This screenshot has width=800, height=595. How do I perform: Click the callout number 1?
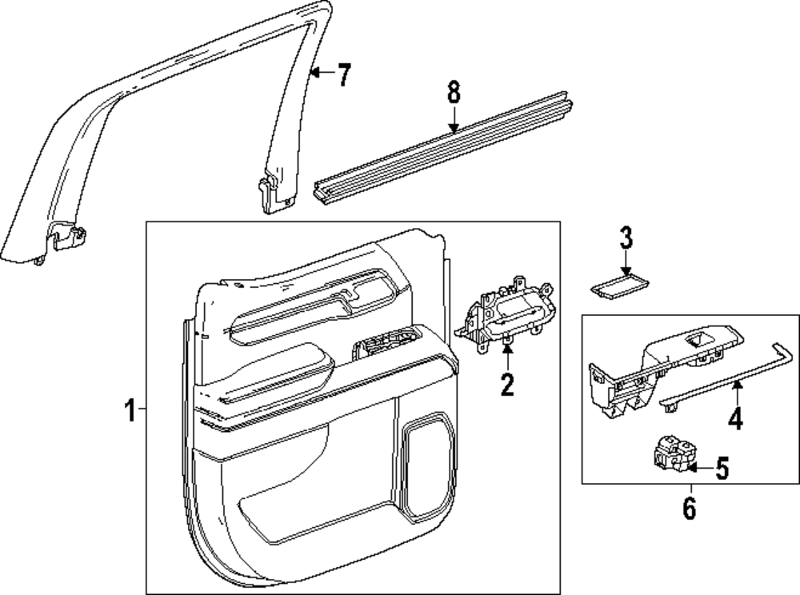pyautogui.click(x=130, y=410)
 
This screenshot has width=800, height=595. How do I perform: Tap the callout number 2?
pyautogui.click(x=507, y=384)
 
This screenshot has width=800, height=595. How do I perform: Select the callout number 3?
pyautogui.click(x=626, y=238)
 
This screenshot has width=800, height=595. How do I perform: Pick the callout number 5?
pyautogui.click(x=722, y=468)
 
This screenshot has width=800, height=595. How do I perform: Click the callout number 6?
pyautogui.click(x=690, y=508)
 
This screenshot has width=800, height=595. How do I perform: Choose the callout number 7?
pyautogui.click(x=344, y=75)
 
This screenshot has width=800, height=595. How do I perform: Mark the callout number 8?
pyautogui.click(x=454, y=93)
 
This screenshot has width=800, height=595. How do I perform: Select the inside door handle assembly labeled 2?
pyautogui.click(x=504, y=316)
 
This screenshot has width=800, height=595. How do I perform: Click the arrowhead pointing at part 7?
pyautogui.click(x=315, y=73)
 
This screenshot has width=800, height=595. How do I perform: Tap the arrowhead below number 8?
pyautogui.click(x=454, y=130)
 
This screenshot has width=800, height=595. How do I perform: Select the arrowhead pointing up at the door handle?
pyautogui.click(x=507, y=349)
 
